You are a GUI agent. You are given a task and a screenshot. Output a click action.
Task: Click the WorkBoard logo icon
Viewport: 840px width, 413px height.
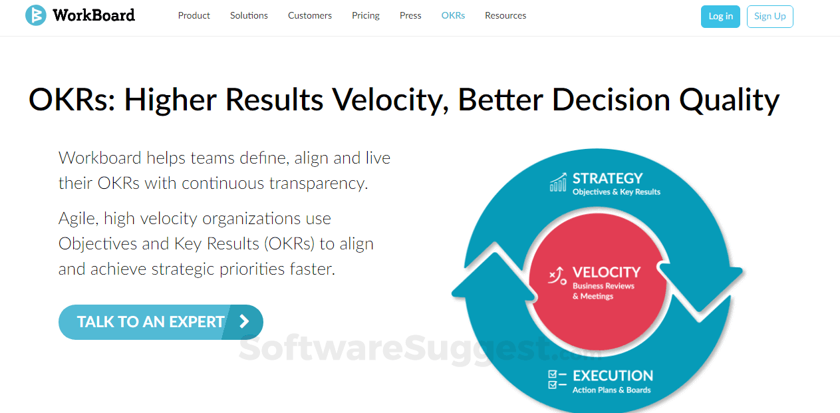pos(35,15)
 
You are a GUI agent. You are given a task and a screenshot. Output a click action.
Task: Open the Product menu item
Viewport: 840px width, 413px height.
pos(194,15)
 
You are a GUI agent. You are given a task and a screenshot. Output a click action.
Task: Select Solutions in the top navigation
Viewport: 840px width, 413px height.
pos(249,15)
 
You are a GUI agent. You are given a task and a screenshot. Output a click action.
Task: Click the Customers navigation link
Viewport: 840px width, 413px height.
pos(310,15)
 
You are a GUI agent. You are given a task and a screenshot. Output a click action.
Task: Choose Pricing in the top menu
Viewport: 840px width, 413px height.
pos(366,15)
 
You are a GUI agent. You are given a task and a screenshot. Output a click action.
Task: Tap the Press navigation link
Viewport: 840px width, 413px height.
pos(410,15)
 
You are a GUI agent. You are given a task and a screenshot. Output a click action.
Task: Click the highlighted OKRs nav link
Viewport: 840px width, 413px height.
pos(453,15)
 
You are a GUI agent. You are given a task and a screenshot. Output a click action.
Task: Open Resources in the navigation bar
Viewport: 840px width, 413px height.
pos(505,15)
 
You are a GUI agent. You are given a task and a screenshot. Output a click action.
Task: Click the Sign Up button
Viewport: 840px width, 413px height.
pos(770,17)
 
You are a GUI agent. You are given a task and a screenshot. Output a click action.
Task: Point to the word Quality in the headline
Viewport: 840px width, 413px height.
pos(729,100)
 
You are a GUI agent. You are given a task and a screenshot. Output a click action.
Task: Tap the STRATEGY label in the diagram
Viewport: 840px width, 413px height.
pos(607,178)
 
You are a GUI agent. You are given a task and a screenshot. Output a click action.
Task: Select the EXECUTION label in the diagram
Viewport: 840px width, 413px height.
pos(613,376)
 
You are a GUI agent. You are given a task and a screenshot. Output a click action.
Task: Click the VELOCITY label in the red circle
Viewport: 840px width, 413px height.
pos(606,272)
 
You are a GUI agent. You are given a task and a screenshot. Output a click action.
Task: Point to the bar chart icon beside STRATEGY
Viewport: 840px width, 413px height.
pos(558,182)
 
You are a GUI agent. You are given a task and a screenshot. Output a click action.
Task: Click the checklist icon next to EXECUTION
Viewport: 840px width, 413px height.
pos(557,380)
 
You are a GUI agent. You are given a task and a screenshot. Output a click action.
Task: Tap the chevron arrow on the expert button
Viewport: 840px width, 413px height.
pos(244,322)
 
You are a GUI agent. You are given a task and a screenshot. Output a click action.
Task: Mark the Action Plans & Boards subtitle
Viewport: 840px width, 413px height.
pos(611,390)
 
